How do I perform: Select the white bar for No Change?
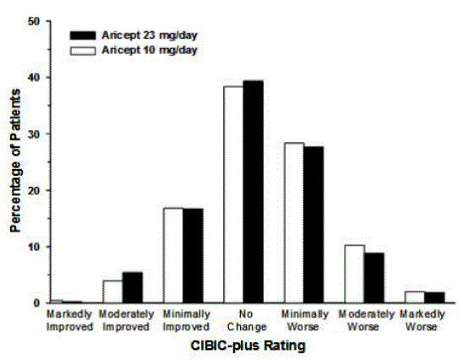(233, 194)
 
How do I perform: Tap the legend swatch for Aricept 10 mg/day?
(84, 50)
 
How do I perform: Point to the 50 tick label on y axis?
(33, 21)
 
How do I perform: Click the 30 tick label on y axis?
(33, 134)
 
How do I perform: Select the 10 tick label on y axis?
(33, 247)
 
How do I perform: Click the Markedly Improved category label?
(71, 319)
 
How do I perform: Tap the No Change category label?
(243, 319)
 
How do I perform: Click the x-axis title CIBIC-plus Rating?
(244, 346)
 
